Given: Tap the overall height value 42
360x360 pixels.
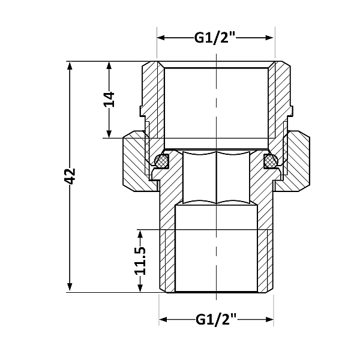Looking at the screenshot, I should pyautogui.click(x=70, y=176).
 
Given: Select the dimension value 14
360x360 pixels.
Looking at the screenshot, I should pyautogui.click(x=109, y=100).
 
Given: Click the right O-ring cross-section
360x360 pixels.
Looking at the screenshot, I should pyautogui.click(x=271, y=160).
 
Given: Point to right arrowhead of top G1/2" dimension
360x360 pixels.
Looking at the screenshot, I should pyautogui.click(x=271, y=38).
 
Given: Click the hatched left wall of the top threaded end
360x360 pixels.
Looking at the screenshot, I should pyautogui.click(x=153, y=96).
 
